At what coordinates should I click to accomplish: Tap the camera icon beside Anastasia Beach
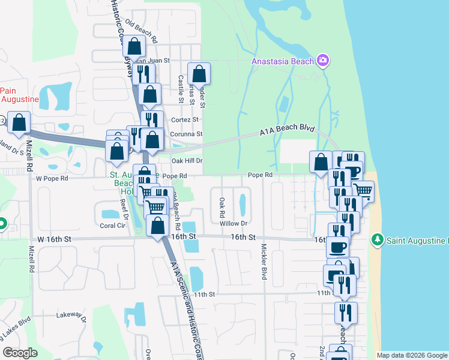[324, 60]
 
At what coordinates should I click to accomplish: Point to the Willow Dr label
[234, 223]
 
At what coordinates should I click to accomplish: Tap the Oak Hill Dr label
[187, 161]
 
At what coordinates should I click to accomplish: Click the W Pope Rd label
[53, 178]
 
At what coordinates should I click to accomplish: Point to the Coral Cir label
[112, 226]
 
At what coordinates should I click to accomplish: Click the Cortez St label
[184, 119]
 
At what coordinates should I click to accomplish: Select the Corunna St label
[186, 134]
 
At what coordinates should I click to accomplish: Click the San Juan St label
[152, 61]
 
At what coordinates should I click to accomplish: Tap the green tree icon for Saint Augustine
[377, 241]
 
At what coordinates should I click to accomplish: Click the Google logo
[20, 353]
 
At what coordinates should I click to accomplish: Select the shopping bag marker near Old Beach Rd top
[134, 46]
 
